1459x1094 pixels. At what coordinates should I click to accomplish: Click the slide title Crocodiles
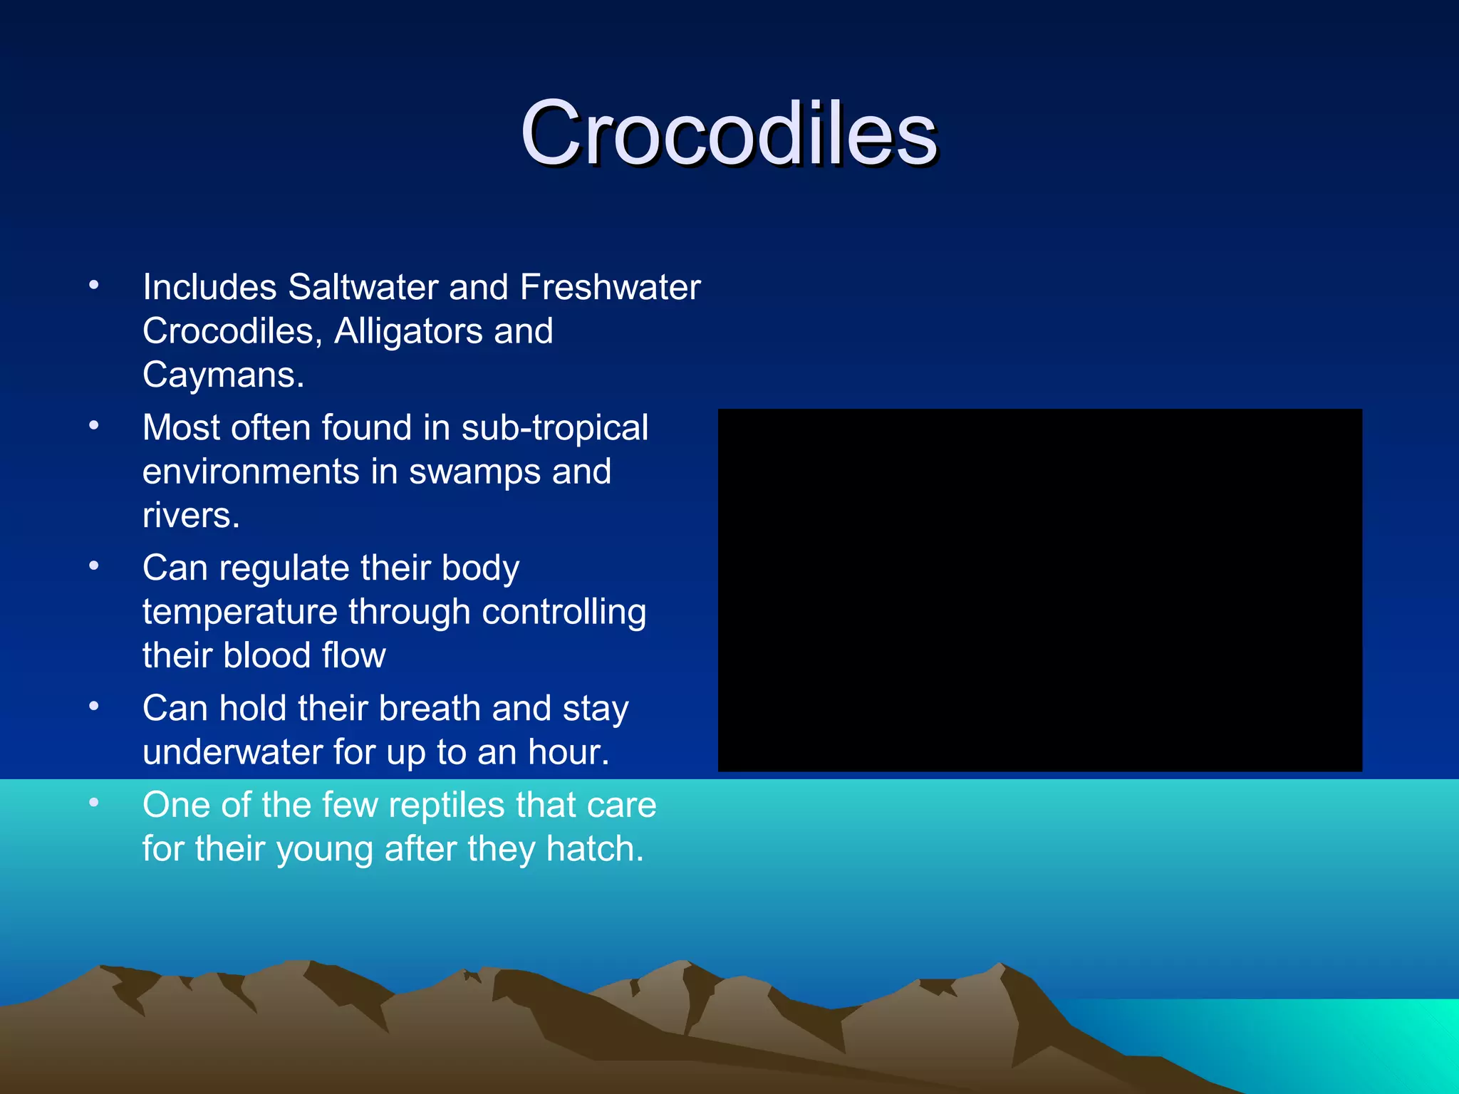(x=728, y=134)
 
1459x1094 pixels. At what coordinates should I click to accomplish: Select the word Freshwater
(x=610, y=288)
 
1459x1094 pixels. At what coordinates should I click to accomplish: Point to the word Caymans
(x=223, y=375)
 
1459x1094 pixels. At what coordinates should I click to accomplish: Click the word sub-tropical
(x=554, y=428)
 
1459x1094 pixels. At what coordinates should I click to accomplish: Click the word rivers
(x=190, y=516)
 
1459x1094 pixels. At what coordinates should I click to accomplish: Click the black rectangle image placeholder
(x=1039, y=590)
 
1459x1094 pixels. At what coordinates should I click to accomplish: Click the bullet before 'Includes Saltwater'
(x=94, y=286)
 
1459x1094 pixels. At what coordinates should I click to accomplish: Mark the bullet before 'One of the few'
(x=94, y=803)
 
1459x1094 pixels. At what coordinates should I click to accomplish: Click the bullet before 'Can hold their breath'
(x=94, y=707)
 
